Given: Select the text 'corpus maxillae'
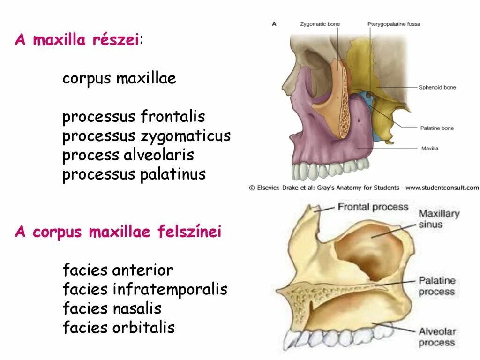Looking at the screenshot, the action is [x=119, y=78].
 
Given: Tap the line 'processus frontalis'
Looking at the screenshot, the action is [x=134, y=117].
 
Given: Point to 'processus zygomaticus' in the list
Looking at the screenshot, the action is [x=146, y=136].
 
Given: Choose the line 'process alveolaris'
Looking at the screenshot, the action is [x=128, y=155].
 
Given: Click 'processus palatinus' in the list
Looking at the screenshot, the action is [x=134, y=174].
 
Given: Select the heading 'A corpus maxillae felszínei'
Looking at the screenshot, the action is [x=118, y=232].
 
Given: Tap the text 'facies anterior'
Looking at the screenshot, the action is [x=118, y=270].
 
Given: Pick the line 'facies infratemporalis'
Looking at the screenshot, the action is [x=145, y=290].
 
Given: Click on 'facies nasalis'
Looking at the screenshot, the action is [x=112, y=309].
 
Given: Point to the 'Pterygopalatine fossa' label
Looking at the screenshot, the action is [x=394, y=24].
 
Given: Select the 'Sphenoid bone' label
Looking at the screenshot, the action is [x=437, y=87].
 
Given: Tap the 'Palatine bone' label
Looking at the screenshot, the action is [x=437, y=128].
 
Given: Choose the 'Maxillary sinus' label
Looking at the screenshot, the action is [x=439, y=219].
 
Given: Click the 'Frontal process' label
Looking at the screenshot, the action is [x=373, y=207].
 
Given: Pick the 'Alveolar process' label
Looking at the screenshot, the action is [x=437, y=337].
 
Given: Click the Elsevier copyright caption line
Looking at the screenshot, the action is [x=364, y=187].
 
